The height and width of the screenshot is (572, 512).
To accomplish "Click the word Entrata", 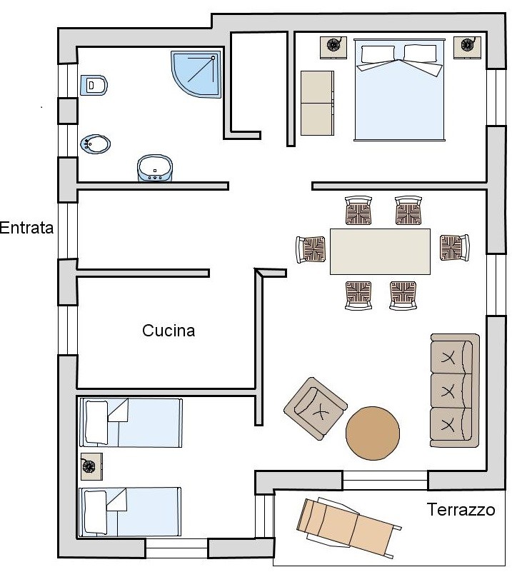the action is click(26, 228).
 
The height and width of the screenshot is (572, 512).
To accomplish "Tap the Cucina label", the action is click(169, 331).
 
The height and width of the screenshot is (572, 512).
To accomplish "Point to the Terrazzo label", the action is click(461, 510).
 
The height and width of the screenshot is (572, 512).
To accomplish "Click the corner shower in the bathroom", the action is click(196, 74).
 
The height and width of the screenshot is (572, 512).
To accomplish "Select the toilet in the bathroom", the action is click(94, 86).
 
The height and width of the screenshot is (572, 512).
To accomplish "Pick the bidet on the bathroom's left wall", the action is click(95, 144).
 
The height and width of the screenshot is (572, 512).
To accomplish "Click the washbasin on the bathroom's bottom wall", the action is click(155, 168).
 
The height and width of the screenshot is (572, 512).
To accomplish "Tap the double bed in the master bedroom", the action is click(399, 90).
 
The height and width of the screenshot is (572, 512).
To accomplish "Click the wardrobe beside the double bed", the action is click(317, 104).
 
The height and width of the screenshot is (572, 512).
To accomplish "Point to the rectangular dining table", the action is click(380, 251).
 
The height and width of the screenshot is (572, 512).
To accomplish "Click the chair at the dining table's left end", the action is click(311, 249).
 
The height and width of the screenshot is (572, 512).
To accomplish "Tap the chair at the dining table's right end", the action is click(454, 248).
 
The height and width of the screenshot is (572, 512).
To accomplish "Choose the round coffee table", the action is click(373, 433).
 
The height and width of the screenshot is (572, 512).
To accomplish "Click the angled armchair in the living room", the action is click(316, 408).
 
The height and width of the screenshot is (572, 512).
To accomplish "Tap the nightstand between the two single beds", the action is click(91, 466).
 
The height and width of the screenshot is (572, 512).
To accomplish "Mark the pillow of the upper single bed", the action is click(96, 423).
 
